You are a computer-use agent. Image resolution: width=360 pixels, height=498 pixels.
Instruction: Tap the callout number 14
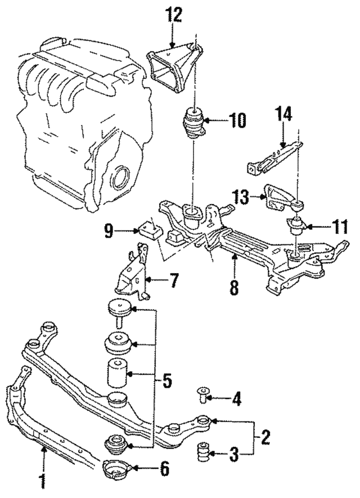(x=284, y=115)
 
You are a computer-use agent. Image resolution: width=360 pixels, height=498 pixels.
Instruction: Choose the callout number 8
(x=234, y=287)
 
